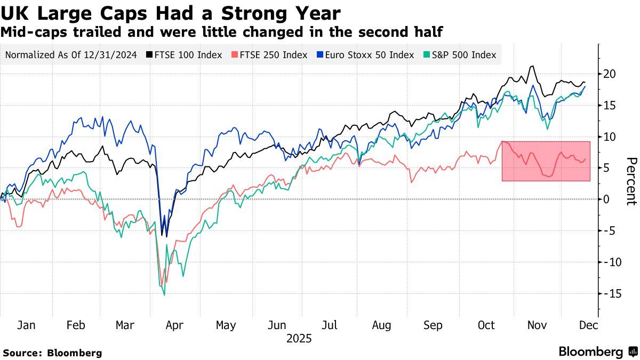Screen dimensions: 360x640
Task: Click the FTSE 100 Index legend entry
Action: [x=184, y=55]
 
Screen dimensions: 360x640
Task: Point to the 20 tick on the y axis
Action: [x=610, y=74]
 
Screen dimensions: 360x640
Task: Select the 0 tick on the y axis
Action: [x=606, y=199]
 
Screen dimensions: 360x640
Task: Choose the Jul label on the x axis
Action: [x=330, y=325]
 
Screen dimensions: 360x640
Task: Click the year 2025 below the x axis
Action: [x=299, y=339]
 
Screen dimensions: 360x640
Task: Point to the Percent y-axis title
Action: [x=631, y=181]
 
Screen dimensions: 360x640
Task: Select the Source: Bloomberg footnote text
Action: [x=52, y=353]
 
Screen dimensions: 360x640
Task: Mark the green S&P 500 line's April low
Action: [x=164, y=294]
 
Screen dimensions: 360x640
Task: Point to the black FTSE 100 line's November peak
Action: [x=532, y=67]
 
